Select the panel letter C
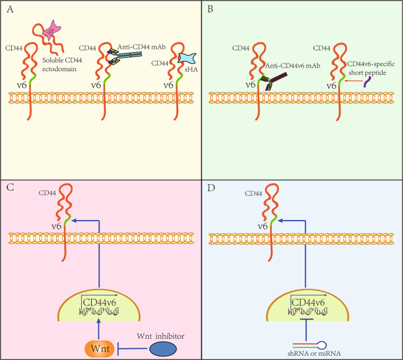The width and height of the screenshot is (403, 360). pos(9,189)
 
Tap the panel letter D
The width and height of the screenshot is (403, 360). pos(209,189)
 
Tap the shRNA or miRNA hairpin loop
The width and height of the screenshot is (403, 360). pos(323,345)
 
